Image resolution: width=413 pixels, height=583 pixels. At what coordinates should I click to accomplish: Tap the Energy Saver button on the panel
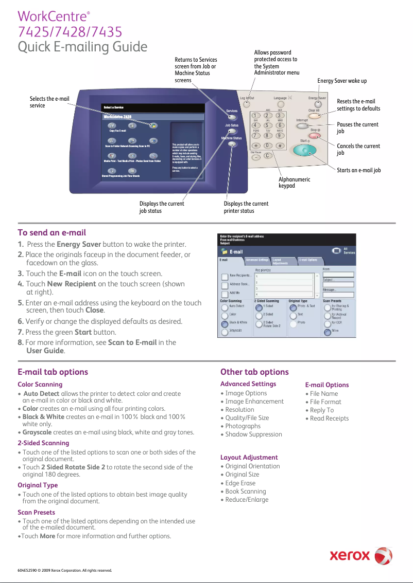tap(318, 104)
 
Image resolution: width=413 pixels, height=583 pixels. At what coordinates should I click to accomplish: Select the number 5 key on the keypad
tap(268, 125)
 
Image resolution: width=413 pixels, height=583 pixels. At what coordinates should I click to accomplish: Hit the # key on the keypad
tap(279, 145)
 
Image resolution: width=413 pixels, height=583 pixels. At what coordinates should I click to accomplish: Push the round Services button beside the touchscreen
tap(232, 118)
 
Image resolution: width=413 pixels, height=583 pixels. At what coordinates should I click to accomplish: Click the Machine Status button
tap(232, 144)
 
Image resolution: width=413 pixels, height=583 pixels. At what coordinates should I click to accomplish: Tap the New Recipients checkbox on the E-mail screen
tap(225, 276)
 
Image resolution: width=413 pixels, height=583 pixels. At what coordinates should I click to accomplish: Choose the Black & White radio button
tap(225, 324)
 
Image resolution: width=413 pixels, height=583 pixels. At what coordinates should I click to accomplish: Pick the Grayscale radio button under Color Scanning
tap(225, 333)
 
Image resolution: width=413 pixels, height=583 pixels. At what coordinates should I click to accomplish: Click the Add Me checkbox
tap(225, 294)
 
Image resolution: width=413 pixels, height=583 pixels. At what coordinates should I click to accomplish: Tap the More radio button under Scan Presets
tap(327, 332)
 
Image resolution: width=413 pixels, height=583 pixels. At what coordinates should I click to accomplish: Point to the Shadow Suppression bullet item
tap(253, 434)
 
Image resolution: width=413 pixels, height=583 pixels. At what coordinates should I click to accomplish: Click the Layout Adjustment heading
tap(249, 457)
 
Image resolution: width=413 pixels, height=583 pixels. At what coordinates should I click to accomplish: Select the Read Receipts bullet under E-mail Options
tap(329, 418)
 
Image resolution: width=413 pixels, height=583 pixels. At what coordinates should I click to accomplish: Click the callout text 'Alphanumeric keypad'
tap(294, 182)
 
